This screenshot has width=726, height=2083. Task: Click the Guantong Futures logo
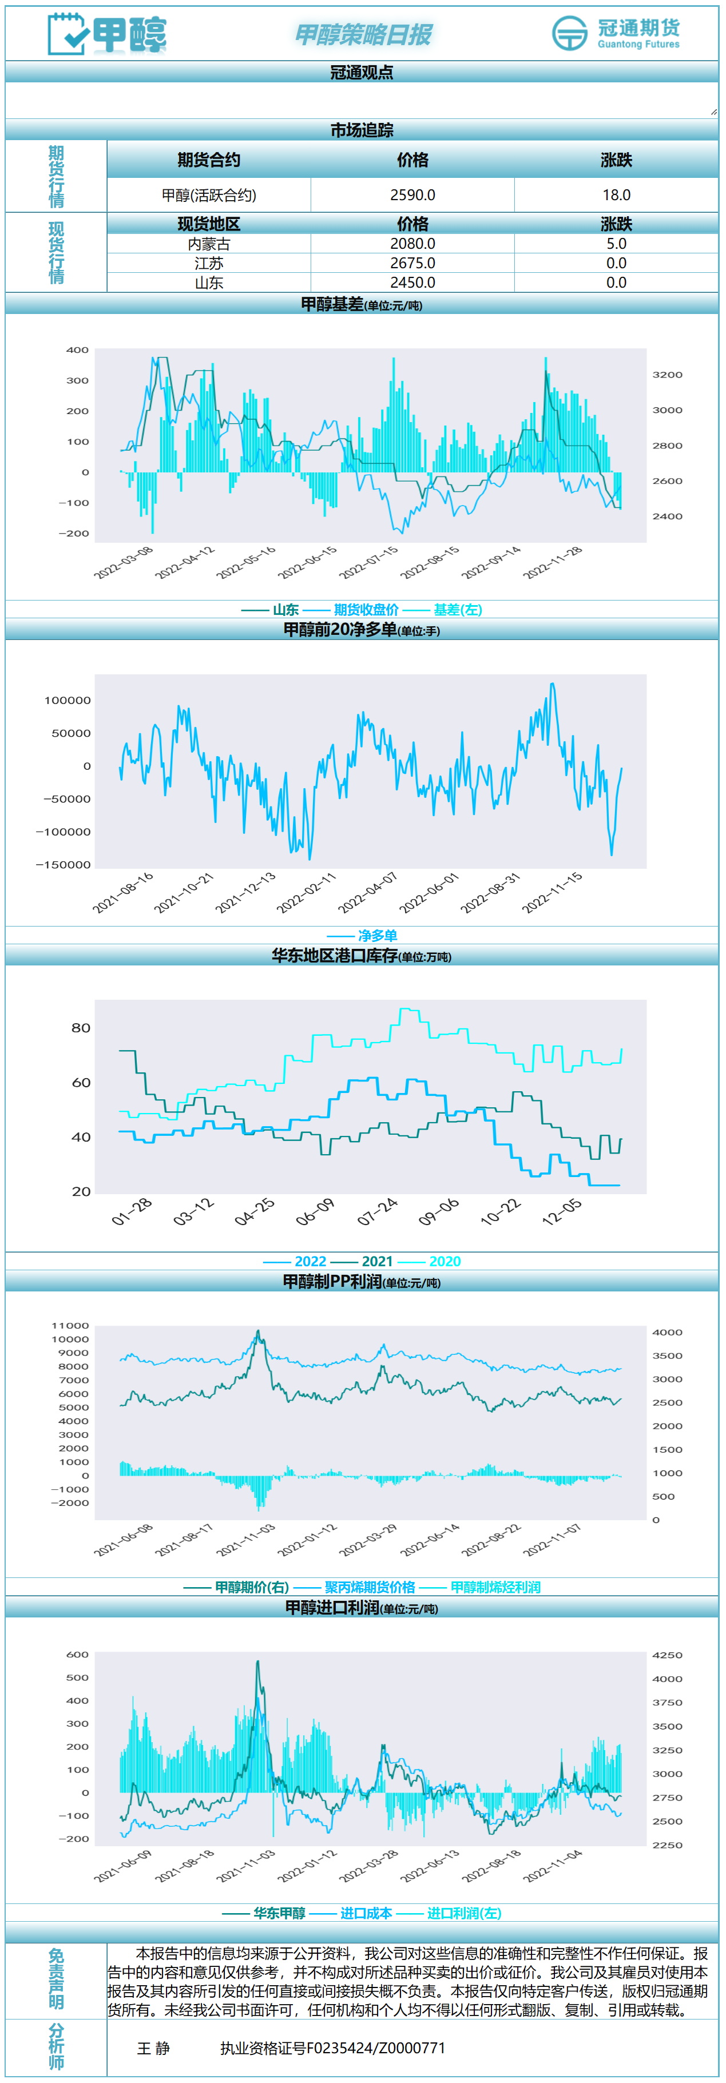coord(616,33)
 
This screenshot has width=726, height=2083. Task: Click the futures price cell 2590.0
coord(412,195)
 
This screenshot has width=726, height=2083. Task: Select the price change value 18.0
coord(616,195)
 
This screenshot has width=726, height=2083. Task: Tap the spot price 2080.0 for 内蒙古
coord(412,244)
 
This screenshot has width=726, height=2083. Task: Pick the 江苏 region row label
coord(209,263)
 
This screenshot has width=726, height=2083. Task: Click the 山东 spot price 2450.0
coord(412,282)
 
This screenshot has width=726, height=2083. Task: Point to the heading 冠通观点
coord(362,72)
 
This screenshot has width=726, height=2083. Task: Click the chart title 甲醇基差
coord(332,304)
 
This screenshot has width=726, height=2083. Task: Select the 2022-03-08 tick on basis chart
coord(124,562)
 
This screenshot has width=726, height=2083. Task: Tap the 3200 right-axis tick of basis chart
coord(667,375)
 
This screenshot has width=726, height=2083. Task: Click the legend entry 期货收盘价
coord(366,610)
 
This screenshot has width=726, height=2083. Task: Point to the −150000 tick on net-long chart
coord(63,864)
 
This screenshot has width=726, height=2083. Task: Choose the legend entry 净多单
coord(378,936)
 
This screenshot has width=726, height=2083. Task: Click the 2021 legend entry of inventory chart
coord(377,1262)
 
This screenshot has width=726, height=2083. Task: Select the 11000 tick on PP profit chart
coord(70,1325)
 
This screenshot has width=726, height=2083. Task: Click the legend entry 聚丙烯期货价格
coord(370,1587)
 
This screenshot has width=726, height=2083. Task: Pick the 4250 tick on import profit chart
coord(667,1655)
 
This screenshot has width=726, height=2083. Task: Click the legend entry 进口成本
coord(366,1913)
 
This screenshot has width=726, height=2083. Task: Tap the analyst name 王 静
coord(153,2048)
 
